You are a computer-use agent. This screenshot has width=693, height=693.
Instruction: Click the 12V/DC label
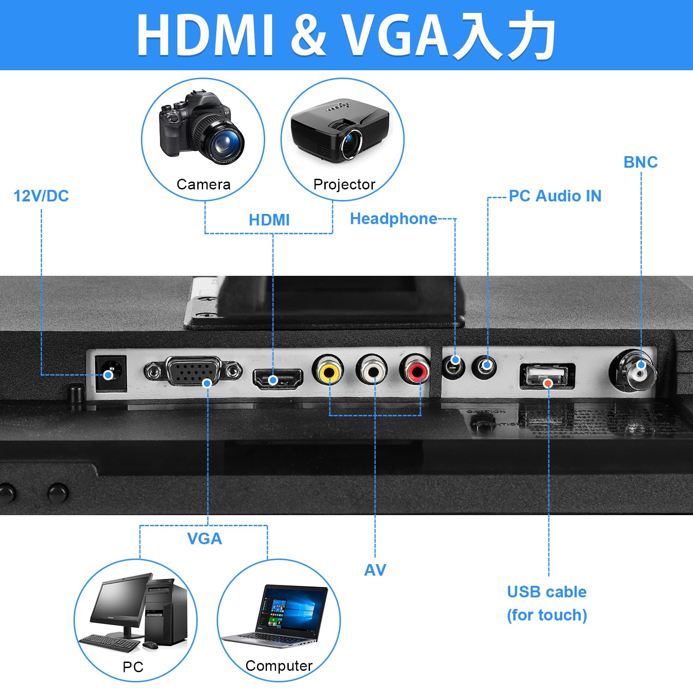point(41,196)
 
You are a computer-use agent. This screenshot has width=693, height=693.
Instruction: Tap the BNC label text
point(640,162)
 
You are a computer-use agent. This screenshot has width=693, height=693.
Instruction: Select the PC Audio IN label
point(555,196)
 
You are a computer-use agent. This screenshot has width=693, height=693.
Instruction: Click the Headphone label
point(393,219)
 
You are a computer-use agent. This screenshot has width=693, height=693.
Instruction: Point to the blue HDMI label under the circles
point(269,220)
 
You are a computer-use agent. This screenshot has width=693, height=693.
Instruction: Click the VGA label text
point(204,539)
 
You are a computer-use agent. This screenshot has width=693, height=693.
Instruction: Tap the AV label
point(375,570)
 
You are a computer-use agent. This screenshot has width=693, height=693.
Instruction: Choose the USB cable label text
point(547,592)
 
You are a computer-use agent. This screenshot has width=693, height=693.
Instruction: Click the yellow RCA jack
point(328,370)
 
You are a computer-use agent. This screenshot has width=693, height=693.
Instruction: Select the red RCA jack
point(416,370)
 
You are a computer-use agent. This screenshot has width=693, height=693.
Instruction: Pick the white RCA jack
point(372,370)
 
